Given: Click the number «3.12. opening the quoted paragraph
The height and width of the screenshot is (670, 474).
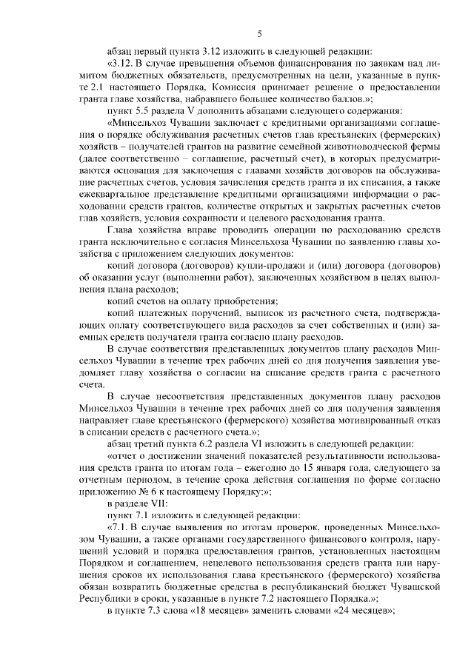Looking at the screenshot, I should pyautogui.click(x=121, y=64).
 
